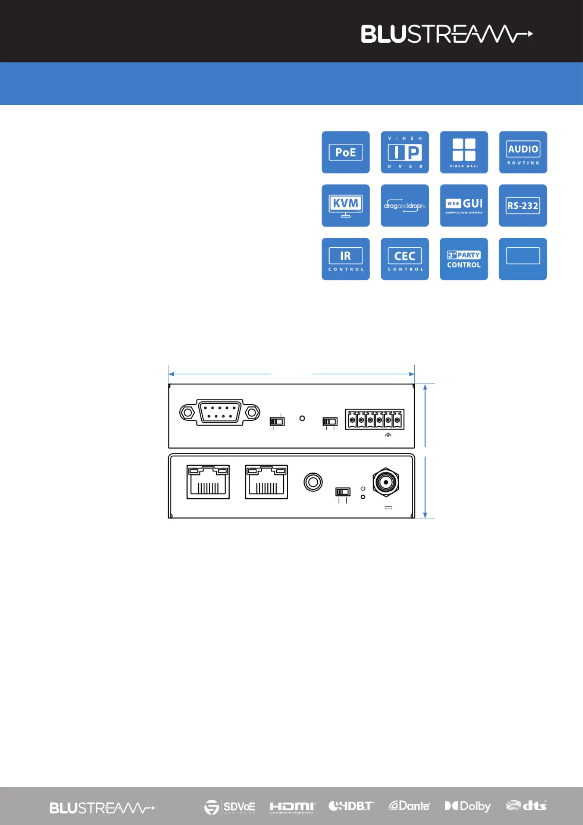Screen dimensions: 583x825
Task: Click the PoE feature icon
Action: point(345,152)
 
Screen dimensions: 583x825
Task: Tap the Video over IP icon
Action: point(404,152)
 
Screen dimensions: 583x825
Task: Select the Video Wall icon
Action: point(464,152)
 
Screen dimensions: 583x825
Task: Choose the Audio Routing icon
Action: point(523,152)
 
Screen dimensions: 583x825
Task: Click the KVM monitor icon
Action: point(345,205)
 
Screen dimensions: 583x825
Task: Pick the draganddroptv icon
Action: point(404,205)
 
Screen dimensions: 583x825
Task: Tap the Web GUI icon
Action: point(464,205)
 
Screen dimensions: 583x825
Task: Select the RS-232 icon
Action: point(523,205)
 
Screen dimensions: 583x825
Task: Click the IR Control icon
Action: point(345,259)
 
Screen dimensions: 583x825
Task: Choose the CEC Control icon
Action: point(404,259)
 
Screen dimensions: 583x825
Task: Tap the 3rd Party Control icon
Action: point(464,259)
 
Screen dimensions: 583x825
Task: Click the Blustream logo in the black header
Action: point(446,34)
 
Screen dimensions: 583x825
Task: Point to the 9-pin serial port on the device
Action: point(220,412)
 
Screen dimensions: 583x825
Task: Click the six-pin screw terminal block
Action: point(374,419)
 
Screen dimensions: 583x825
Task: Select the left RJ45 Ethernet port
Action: point(208,482)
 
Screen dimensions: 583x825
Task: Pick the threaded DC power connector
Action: point(386,482)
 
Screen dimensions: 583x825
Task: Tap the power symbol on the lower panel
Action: point(363,488)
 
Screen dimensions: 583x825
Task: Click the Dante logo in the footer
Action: point(409,806)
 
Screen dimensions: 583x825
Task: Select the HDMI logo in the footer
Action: point(292,807)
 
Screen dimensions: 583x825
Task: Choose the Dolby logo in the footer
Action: point(468,806)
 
